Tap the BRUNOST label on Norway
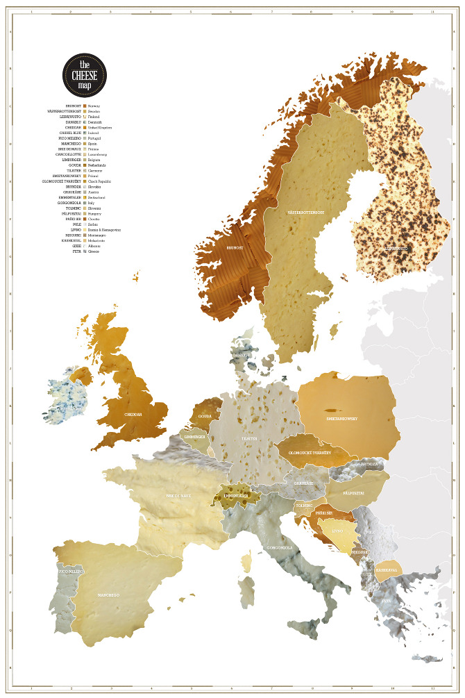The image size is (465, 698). coord(234,246)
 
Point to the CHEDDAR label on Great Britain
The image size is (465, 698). coord(133,414)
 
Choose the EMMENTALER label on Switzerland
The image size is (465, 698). coord(236,496)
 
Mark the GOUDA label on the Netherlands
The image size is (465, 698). coord(205,417)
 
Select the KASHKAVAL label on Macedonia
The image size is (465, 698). coord(386,570)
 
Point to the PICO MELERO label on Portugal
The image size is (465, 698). coord(71,571)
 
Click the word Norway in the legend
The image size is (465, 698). coord(94,106)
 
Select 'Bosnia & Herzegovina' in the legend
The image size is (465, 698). coord(105,230)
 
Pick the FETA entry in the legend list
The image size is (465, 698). coord(77,251)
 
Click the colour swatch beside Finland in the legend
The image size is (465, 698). coord(85,117)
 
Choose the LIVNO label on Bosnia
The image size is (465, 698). coord(337,531)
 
